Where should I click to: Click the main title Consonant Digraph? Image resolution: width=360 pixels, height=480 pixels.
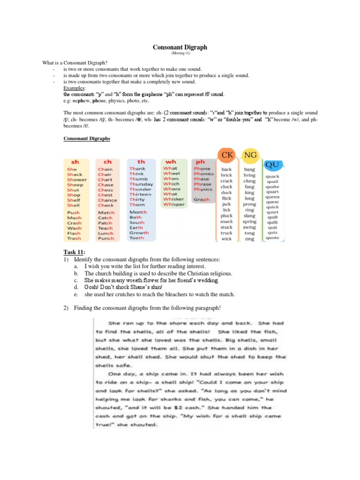[x=180, y=47]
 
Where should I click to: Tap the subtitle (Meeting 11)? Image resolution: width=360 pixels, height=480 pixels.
[x=180, y=53]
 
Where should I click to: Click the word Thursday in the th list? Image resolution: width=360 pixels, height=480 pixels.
[x=141, y=184]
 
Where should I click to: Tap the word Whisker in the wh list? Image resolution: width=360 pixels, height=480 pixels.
[x=174, y=199]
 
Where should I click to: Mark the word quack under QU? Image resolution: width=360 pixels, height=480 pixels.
[x=272, y=177]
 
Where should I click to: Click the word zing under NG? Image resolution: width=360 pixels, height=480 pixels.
[x=250, y=239]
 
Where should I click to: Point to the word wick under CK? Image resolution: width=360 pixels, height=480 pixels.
[x=227, y=239]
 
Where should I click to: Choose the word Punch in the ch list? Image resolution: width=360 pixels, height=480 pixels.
[x=106, y=238]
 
